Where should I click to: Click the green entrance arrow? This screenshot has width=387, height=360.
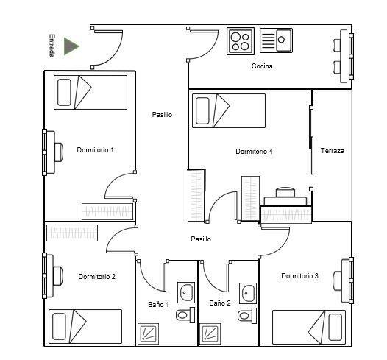coord(71,46)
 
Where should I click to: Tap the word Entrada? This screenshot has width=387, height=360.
coord(52,46)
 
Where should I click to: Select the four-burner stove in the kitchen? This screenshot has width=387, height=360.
coord(241,41)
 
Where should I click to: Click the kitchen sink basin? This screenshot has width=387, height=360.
coord(284,40)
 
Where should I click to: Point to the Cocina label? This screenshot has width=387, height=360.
coord(262,66)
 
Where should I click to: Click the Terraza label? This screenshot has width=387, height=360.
coord(333,151)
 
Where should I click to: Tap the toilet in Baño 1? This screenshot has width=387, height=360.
coord(185,315)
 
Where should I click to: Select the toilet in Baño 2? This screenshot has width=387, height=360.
coord(247,316)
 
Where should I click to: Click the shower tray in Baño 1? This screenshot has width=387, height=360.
coord(148,333)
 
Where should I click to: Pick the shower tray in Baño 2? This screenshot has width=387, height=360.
coord(210,333)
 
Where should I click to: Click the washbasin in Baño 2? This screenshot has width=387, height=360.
coord(248,293)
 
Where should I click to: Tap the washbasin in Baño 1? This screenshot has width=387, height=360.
coord(186,292)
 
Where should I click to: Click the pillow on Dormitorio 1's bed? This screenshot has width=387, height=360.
coord(64,92)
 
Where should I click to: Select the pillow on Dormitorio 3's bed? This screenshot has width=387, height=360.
coord(335,327)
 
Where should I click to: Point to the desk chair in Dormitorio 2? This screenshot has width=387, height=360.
coord(58,276)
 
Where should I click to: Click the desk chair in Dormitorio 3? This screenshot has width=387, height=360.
coord(338,280)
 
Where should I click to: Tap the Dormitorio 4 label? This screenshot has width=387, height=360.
coord(254,152)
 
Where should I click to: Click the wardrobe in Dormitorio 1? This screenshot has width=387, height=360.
coord(107,211)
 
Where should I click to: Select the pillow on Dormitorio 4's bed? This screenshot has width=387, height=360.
coord(202,110)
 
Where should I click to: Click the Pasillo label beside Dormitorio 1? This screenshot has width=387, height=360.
coord(162,115)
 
